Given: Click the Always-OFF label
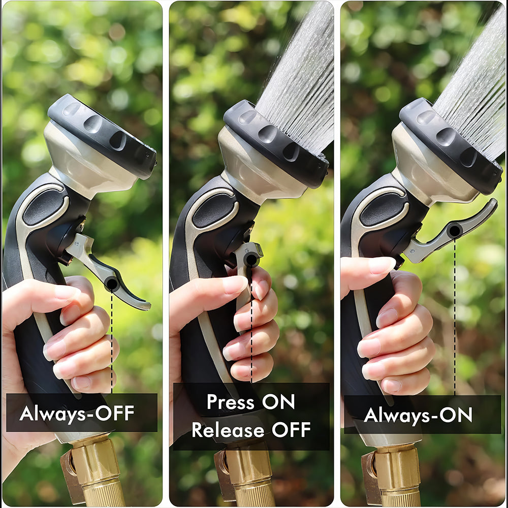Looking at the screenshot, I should click(x=77, y=413).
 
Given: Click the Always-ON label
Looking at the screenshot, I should click(x=418, y=415).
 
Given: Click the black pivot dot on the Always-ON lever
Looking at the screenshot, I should click(x=454, y=231).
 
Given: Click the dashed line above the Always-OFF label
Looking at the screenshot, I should click(x=111, y=345).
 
